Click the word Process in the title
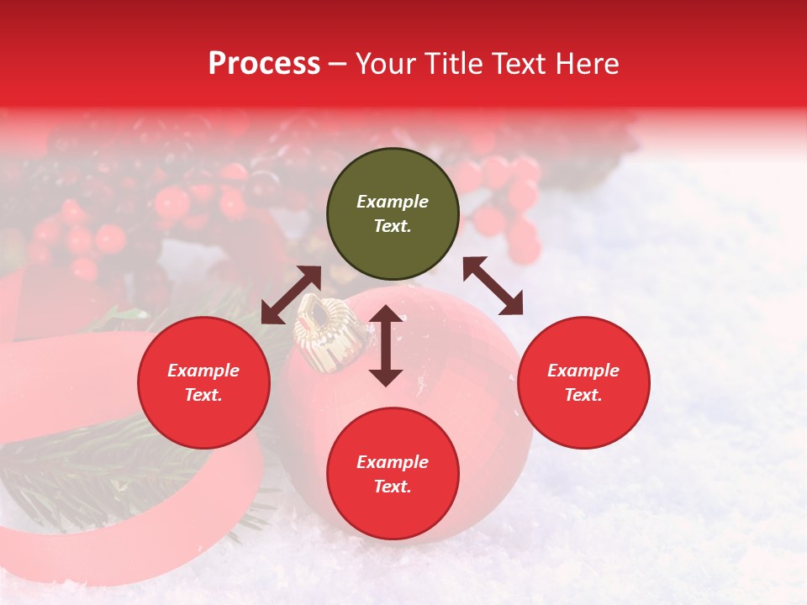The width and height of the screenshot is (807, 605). click(x=264, y=64)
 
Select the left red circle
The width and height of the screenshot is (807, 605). click(x=203, y=382)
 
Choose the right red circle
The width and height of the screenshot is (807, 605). click(x=583, y=382)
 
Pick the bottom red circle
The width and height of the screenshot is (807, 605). click(x=393, y=474)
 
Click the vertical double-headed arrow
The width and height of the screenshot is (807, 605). click(x=386, y=345)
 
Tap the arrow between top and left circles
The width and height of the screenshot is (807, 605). click(x=291, y=295)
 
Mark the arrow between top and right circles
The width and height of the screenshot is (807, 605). click(x=493, y=286)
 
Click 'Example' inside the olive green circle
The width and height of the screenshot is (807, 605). click(x=393, y=202)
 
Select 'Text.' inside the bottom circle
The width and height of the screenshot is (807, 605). click(x=393, y=487)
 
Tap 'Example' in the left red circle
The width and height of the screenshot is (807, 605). click(x=203, y=371)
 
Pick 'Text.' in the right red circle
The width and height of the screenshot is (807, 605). click(x=583, y=395)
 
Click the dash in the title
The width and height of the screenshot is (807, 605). click(x=338, y=65)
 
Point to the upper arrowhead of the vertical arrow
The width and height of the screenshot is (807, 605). click(x=386, y=313)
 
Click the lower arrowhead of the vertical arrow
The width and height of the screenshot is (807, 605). click(x=386, y=377)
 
